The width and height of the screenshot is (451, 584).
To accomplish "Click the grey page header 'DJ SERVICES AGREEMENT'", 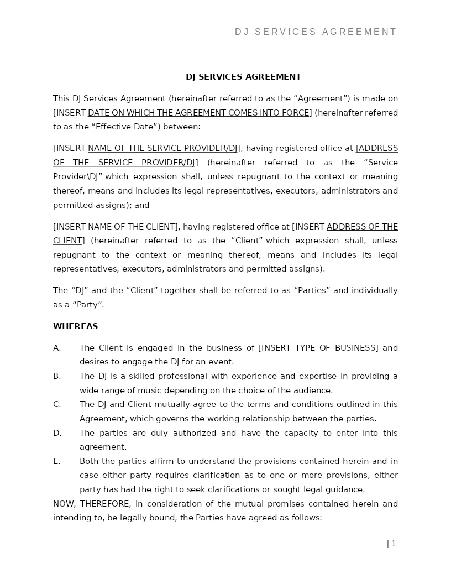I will [316, 32].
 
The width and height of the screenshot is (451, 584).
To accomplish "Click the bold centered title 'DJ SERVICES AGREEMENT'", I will [243, 77].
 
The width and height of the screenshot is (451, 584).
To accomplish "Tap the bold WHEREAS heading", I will [76, 326].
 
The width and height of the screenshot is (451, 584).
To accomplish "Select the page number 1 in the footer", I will [393, 544].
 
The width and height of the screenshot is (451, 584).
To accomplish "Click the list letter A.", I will [56, 348].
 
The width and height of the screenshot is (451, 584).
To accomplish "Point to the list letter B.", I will [56, 376].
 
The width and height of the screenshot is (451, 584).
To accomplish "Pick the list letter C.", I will [56, 404].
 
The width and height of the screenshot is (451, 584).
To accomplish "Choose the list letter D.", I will [57, 433].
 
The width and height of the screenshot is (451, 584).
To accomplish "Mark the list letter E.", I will [56, 461].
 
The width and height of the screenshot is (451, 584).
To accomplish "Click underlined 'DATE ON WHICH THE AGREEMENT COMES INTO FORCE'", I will [199, 113].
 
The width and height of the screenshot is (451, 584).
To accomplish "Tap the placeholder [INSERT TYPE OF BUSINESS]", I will [318, 348].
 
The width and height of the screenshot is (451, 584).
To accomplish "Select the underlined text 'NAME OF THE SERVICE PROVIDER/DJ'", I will [163, 148].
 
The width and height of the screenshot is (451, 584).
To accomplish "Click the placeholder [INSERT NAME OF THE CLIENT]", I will [116, 227].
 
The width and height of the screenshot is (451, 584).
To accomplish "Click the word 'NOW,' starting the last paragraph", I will [64, 504].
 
